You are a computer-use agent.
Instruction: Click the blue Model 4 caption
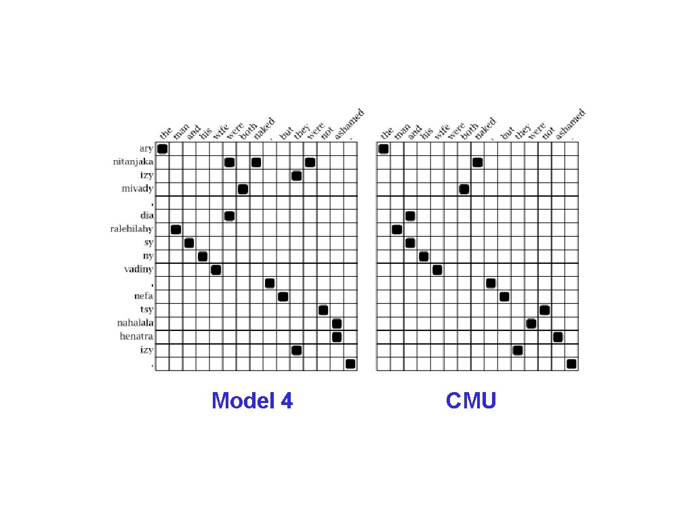pyautogui.click(x=252, y=401)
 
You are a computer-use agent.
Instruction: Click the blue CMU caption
pyautogui.click(x=471, y=401)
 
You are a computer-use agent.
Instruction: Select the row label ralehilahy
pyautogui.click(x=132, y=229)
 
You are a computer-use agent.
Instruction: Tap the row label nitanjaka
pyautogui.click(x=134, y=162)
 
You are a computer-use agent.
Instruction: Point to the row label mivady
pyautogui.click(x=138, y=189)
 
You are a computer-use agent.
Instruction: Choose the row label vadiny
pyautogui.click(x=138, y=269)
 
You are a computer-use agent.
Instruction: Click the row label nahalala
pyautogui.click(x=136, y=323)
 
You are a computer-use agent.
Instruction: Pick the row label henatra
pyautogui.click(x=137, y=336)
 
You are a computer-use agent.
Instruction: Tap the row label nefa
pyautogui.click(x=144, y=296)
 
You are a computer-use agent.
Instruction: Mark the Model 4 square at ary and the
pyautogui.click(x=162, y=149)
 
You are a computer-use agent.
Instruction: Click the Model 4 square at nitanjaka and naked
pyautogui.click(x=256, y=162)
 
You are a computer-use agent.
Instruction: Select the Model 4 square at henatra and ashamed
pyautogui.click(x=337, y=336)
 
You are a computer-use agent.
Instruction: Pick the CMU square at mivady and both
pyautogui.click(x=464, y=189)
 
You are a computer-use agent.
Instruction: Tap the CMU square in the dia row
pyautogui.click(x=410, y=216)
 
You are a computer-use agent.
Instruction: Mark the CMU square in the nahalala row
pyautogui.click(x=531, y=323)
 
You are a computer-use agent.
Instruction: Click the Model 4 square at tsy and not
pyautogui.click(x=323, y=310)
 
